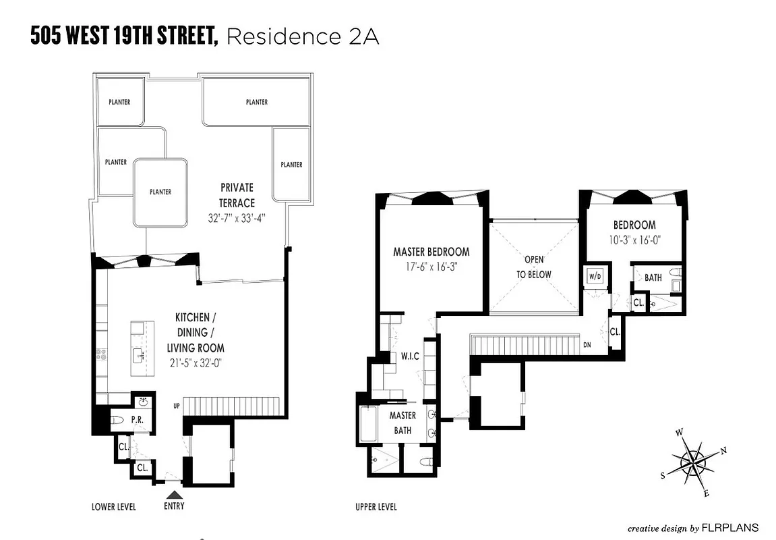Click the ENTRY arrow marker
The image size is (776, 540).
pos(175,495)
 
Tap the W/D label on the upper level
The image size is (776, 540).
pos(595,276)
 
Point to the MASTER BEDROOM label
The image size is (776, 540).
pos(431,252)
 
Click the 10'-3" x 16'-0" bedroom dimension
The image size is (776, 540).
pos(634,238)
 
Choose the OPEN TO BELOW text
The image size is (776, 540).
pos(534,267)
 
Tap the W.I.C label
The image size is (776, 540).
pos(410,356)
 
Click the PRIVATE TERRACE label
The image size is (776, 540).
pos(236,195)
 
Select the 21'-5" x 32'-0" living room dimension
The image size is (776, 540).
pos(196,362)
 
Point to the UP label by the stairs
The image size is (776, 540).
pos(177,406)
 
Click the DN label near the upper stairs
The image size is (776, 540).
pos(588,345)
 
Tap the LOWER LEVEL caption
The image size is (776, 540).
pos(113,507)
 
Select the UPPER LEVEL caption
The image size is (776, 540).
pos(376,507)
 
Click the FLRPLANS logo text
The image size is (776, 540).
pos(731,527)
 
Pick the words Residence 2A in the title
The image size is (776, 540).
pos(303,36)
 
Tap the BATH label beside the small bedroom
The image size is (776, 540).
pos(653,277)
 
